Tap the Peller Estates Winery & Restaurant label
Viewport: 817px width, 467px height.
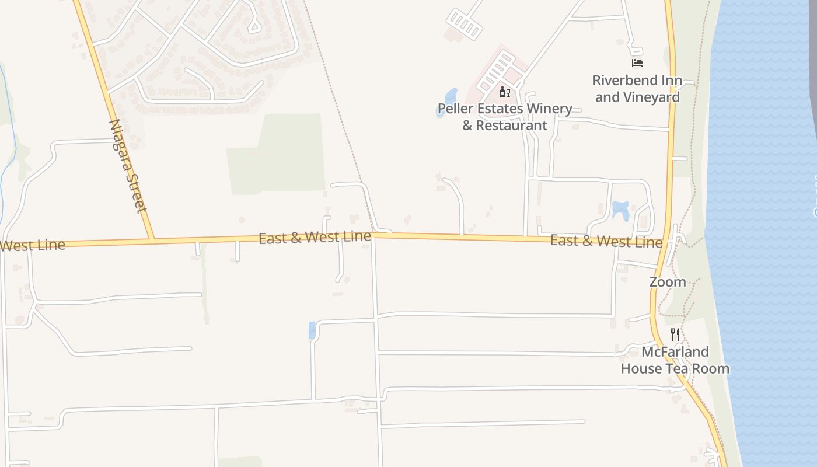(505, 117)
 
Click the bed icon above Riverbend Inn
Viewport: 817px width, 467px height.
(637, 62)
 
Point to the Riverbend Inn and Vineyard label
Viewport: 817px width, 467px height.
(637, 89)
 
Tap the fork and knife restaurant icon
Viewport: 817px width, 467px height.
(675, 334)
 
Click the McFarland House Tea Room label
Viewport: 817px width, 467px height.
(675, 360)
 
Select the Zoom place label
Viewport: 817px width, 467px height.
(668, 282)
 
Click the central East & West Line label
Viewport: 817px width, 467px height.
(315, 238)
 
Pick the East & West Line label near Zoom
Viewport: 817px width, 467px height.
(606, 241)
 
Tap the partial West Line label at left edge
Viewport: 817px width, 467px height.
(32, 245)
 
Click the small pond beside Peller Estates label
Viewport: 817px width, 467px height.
(450, 97)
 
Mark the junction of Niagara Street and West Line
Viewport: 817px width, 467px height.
(152, 239)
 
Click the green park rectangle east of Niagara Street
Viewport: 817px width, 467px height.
(280, 155)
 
